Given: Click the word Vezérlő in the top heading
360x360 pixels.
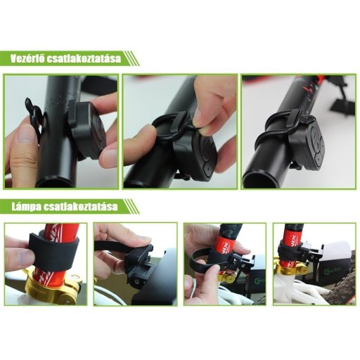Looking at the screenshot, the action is pos(27,58).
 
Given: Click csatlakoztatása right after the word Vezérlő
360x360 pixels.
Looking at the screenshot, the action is pos(84,58).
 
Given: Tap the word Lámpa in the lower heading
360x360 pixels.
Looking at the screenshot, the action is pos(26,207).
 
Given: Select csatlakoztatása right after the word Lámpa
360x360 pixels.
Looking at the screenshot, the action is pos(80,207).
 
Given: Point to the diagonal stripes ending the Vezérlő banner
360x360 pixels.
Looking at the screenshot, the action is pos(131,58).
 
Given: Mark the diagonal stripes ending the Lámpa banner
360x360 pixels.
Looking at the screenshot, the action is pos(131,207).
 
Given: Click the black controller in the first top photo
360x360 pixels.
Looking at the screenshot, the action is pos(86,129).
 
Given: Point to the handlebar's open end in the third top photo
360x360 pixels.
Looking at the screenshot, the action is pos(258,179).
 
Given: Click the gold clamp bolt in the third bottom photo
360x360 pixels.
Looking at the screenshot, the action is pos(226,278).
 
